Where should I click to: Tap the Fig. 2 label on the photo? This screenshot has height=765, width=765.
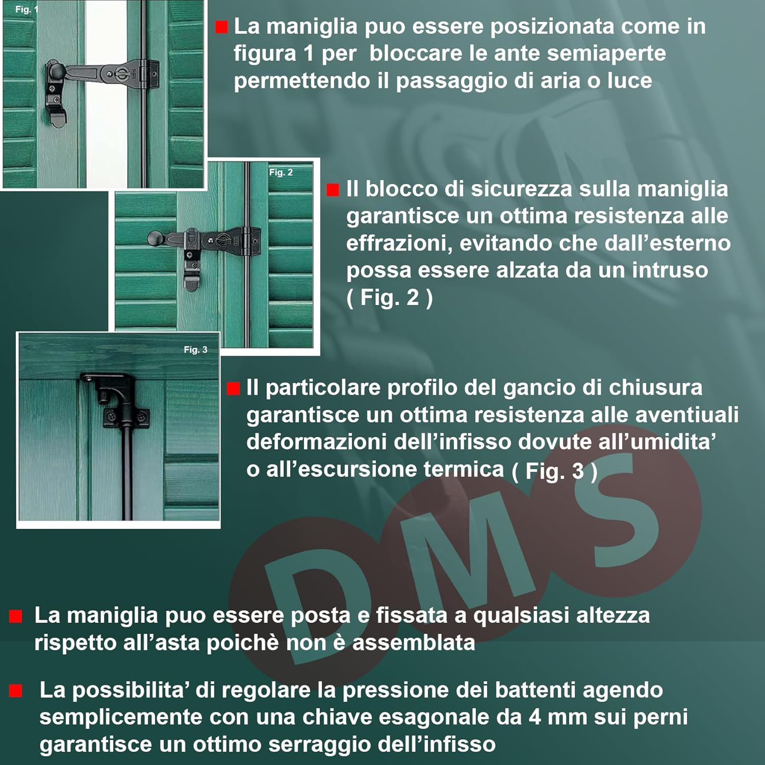(281, 172)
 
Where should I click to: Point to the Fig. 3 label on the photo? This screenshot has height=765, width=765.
(195, 350)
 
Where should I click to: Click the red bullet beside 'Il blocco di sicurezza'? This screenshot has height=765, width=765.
(333, 190)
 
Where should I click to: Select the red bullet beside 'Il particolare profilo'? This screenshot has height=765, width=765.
(233, 389)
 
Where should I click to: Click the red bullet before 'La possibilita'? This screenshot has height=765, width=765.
(16, 691)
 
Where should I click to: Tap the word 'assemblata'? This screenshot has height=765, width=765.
(414, 643)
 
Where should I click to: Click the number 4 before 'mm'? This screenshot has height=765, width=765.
(534, 717)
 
